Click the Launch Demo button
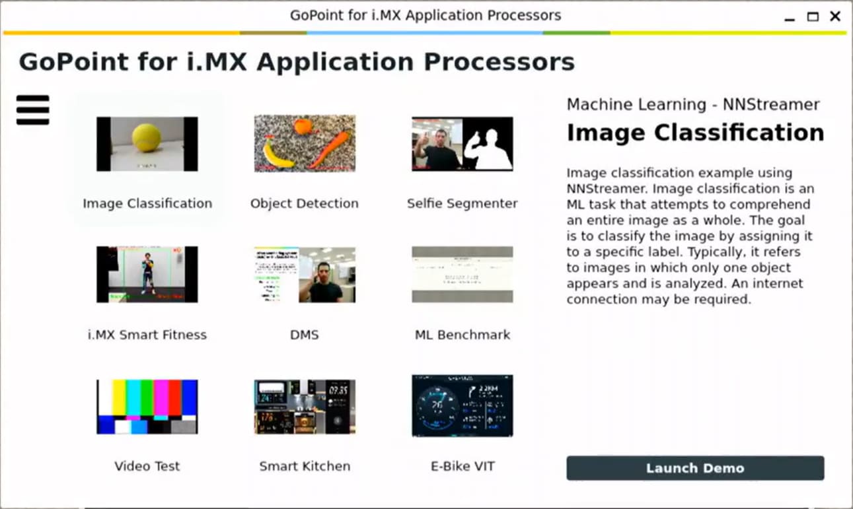click(695, 468)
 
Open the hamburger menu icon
click(33, 110)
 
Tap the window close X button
click(835, 17)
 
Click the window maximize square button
click(813, 17)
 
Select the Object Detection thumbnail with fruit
click(305, 143)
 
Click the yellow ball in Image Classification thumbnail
click(146, 138)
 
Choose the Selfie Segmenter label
click(462, 203)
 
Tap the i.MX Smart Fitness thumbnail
click(147, 274)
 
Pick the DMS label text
click(304, 335)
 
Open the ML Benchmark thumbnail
click(462, 274)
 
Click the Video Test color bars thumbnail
click(147, 406)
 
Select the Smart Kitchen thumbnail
click(305, 406)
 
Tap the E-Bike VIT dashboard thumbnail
click(462, 405)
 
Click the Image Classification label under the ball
click(147, 203)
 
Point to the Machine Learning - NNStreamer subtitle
click(693, 104)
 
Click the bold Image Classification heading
click(695, 133)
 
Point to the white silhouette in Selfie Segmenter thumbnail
click(489, 149)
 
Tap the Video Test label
click(147, 466)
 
